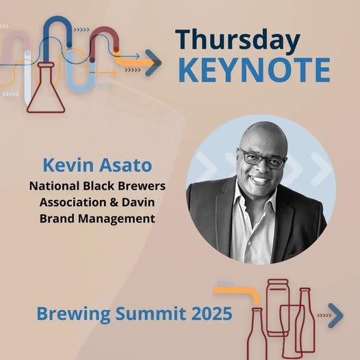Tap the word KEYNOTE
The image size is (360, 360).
(255, 70)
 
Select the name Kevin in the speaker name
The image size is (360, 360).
(68, 165)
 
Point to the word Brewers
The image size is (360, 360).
(142, 186)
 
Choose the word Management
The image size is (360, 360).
(116, 218)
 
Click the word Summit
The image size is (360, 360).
(151, 313)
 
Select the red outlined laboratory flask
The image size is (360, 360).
(46, 88)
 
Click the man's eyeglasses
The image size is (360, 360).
(262, 158)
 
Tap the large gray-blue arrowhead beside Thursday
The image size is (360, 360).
(153, 63)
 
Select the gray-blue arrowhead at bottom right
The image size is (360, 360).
(335, 316)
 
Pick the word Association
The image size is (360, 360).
(73, 203)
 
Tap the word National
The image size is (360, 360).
(55, 186)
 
